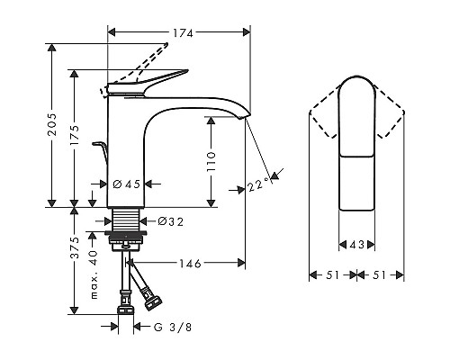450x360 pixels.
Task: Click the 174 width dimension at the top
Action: coord(183,32)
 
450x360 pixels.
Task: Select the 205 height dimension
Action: coord(53,124)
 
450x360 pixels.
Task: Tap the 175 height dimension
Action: coord(75,136)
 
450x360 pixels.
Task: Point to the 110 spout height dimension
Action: coord(211,161)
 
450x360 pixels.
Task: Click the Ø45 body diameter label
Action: coord(127,184)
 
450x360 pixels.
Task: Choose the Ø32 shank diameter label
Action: coord(170,221)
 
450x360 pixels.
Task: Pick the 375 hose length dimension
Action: coord(75,247)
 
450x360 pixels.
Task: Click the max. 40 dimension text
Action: coord(94,274)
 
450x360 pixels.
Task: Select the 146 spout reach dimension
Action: coord(190,264)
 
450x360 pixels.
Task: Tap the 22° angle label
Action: coord(258,184)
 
